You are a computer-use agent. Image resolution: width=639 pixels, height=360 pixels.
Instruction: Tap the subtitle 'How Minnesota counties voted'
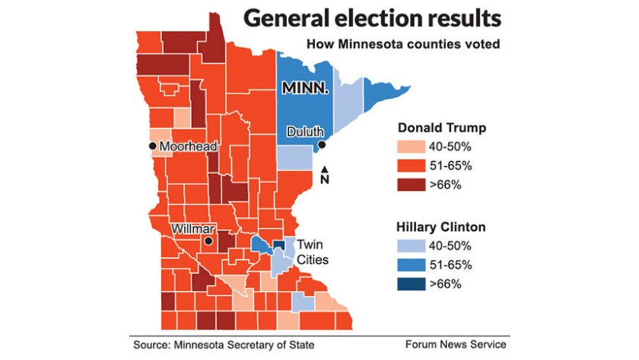click(x=402, y=44)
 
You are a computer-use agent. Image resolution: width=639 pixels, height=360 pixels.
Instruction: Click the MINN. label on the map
click(x=306, y=88)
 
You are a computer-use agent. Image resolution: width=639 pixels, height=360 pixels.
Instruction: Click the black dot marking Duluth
click(x=322, y=144)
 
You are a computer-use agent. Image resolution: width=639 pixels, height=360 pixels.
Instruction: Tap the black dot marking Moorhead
click(x=153, y=145)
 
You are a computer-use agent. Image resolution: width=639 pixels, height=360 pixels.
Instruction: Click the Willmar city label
click(x=193, y=228)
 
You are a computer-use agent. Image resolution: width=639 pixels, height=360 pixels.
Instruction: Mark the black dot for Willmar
click(x=207, y=241)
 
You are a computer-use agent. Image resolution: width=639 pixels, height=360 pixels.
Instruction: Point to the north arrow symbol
click(x=325, y=174)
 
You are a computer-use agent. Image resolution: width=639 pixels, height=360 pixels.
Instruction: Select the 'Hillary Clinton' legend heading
click(x=440, y=227)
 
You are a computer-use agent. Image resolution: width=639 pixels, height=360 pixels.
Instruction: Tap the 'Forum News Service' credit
click(x=455, y=344)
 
